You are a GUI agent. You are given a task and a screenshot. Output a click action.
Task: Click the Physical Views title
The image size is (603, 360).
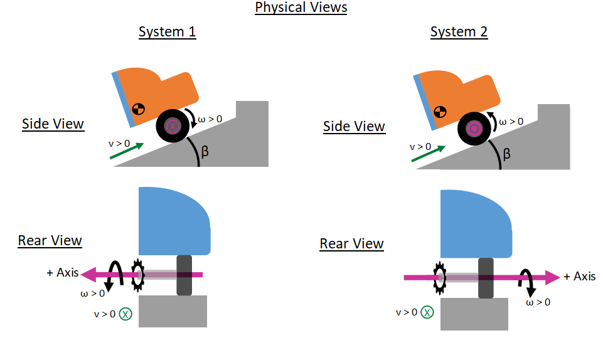301,8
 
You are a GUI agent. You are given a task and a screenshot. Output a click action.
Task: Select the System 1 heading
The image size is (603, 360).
168,31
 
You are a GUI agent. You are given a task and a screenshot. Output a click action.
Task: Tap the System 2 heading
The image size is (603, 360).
459,31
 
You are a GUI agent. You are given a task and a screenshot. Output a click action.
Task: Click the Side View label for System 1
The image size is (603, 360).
53,124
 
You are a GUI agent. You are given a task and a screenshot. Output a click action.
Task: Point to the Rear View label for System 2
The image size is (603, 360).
351,243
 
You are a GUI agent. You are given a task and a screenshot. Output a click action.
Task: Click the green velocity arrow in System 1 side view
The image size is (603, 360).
127,151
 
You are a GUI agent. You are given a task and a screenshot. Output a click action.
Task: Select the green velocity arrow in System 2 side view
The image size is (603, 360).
429,154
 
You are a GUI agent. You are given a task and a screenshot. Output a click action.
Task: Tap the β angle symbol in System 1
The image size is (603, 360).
205,151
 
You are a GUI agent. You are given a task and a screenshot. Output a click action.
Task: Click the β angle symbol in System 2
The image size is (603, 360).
506,154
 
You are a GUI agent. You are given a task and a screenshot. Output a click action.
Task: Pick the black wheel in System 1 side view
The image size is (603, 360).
173,125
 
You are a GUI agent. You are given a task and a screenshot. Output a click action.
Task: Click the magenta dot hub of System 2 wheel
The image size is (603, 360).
474,129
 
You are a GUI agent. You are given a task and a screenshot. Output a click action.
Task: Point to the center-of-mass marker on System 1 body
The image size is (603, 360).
139,109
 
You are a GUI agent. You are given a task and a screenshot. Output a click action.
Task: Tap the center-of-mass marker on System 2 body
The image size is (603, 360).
440,112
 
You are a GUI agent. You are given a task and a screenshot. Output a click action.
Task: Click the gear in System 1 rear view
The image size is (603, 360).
137,275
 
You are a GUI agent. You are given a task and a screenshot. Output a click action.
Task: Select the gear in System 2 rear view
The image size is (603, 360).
439,278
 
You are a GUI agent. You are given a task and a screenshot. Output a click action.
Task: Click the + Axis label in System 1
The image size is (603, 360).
63,272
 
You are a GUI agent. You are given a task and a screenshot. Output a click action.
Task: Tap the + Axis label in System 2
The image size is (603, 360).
580,276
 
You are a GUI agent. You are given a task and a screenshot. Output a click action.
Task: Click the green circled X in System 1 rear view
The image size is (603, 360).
125,314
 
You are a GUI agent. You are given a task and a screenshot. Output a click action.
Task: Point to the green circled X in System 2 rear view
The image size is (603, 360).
427,312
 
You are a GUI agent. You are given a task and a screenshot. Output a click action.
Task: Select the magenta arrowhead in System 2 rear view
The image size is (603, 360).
552,277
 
